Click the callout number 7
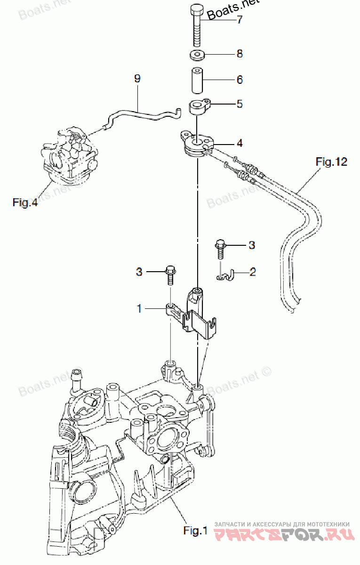[x=240, y=19]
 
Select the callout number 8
[x=240, y=54]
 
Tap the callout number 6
[x=240, y=80]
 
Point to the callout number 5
[x=240, y=104]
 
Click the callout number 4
[x=240, y=143]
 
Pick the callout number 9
[x=137, y=79]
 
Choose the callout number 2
[x=253, y=272]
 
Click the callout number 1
[x=139, y=308]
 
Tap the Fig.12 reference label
[x=331, y=161]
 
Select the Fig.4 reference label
[x=25, y=202]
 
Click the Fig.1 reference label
[x=195, y=531]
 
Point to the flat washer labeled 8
[x=197, y=55]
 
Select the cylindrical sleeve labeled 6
[x=197, y=81]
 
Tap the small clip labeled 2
[x=225, y=275]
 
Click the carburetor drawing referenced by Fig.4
[x=70, y=155]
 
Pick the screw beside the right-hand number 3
[x=220, y=250]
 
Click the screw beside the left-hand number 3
[x=171, y=275]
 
